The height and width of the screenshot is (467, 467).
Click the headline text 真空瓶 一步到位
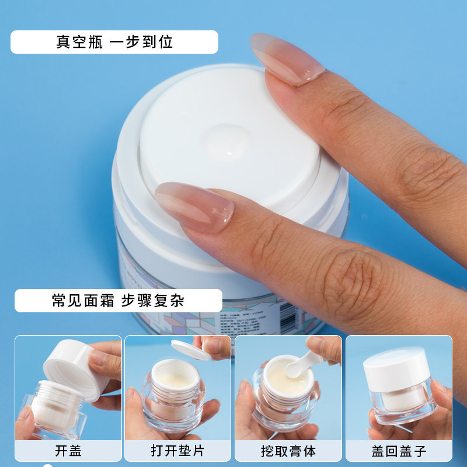tap(114, 42)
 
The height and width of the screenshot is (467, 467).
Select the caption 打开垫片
tap(177, 451)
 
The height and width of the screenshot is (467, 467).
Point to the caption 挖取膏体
tap(288, 451)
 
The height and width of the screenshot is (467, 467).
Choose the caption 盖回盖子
tap(399, 451)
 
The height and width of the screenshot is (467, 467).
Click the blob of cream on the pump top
tap(227, 142)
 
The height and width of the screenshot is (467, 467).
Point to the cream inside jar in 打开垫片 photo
tap(175, 380)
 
